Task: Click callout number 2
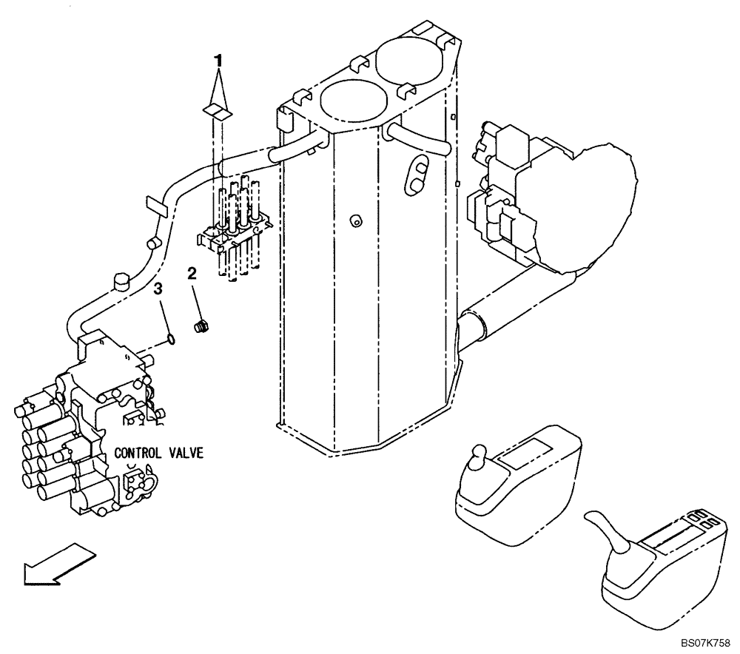(x=192, y=274)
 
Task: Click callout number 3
(x=157, y=289)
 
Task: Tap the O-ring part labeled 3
(x=170, y=340)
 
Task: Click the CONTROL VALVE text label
(x=158, y=453)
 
